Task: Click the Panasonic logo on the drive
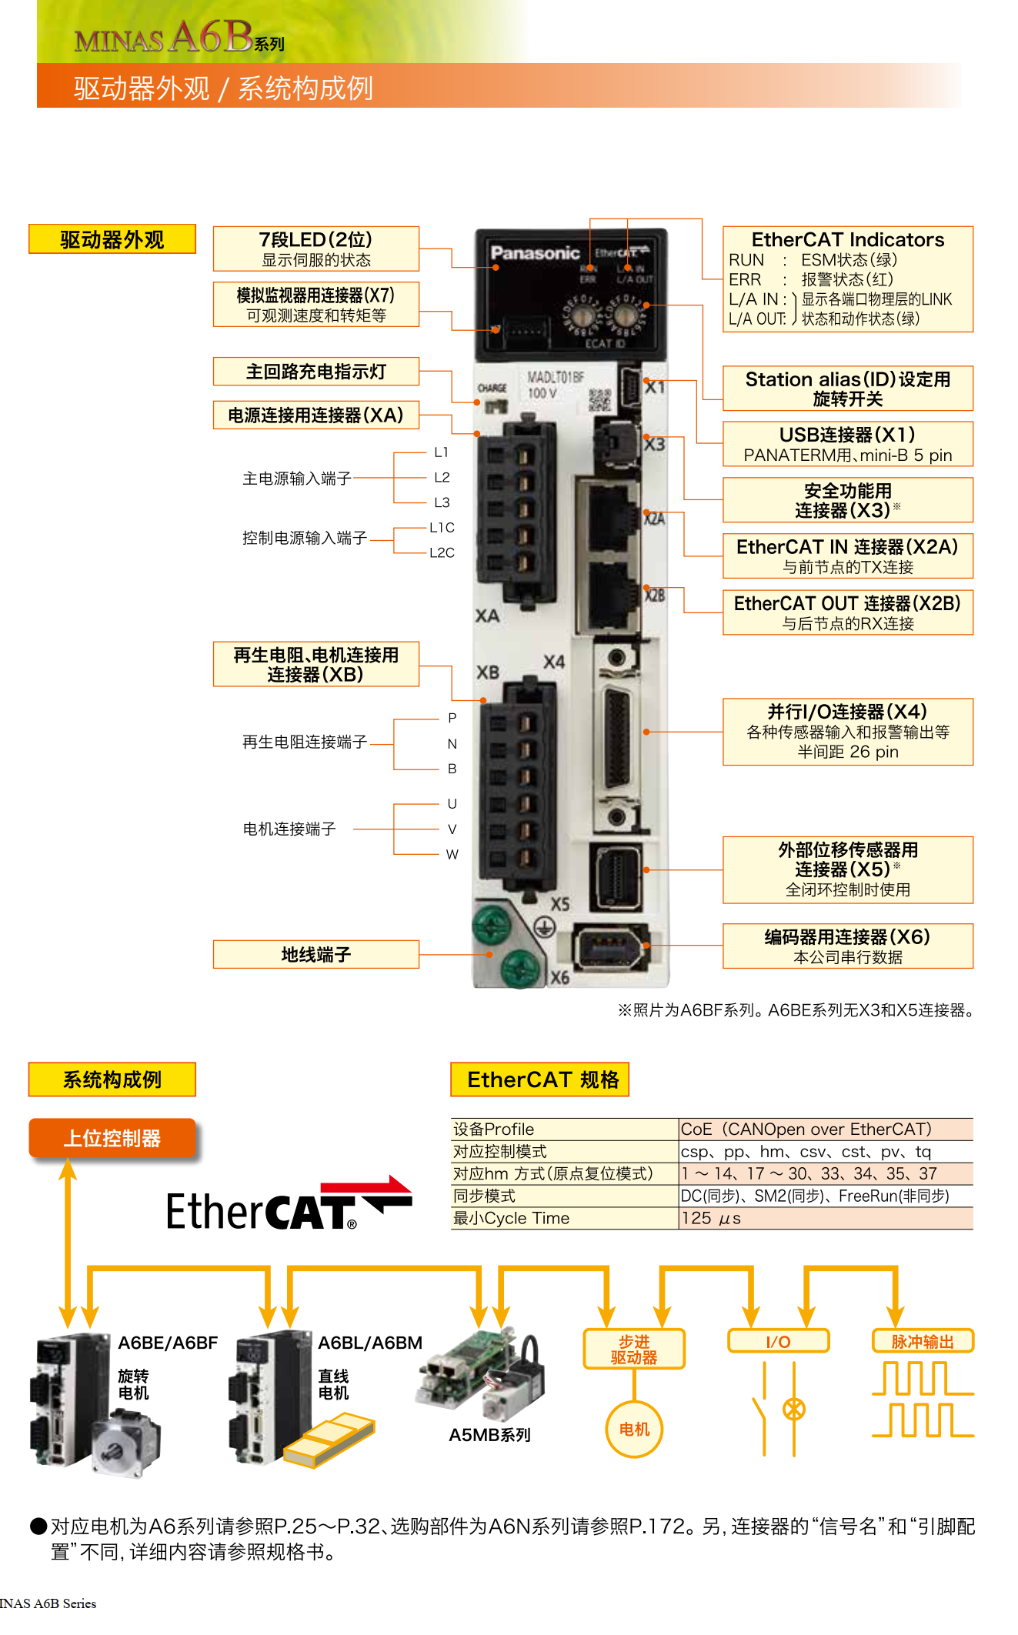(535, 252)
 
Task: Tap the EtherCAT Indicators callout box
(847, 279)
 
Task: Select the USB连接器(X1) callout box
(847, 444)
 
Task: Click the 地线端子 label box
(315, 954)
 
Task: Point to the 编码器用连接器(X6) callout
(847, 946)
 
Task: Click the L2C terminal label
(442, 552)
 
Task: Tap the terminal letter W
(452, 854)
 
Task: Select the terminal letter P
(452, 718)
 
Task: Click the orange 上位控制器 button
(112, 1138)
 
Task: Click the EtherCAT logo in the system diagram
(289, 1206)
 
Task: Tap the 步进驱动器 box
(634, 1349)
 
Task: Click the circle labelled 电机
(634, 1429)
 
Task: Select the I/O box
(778, 1341)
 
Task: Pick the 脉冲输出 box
(922, 1341)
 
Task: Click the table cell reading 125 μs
(825, 1218)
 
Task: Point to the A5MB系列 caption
(489, 1435)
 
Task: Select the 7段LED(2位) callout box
(315, 249)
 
